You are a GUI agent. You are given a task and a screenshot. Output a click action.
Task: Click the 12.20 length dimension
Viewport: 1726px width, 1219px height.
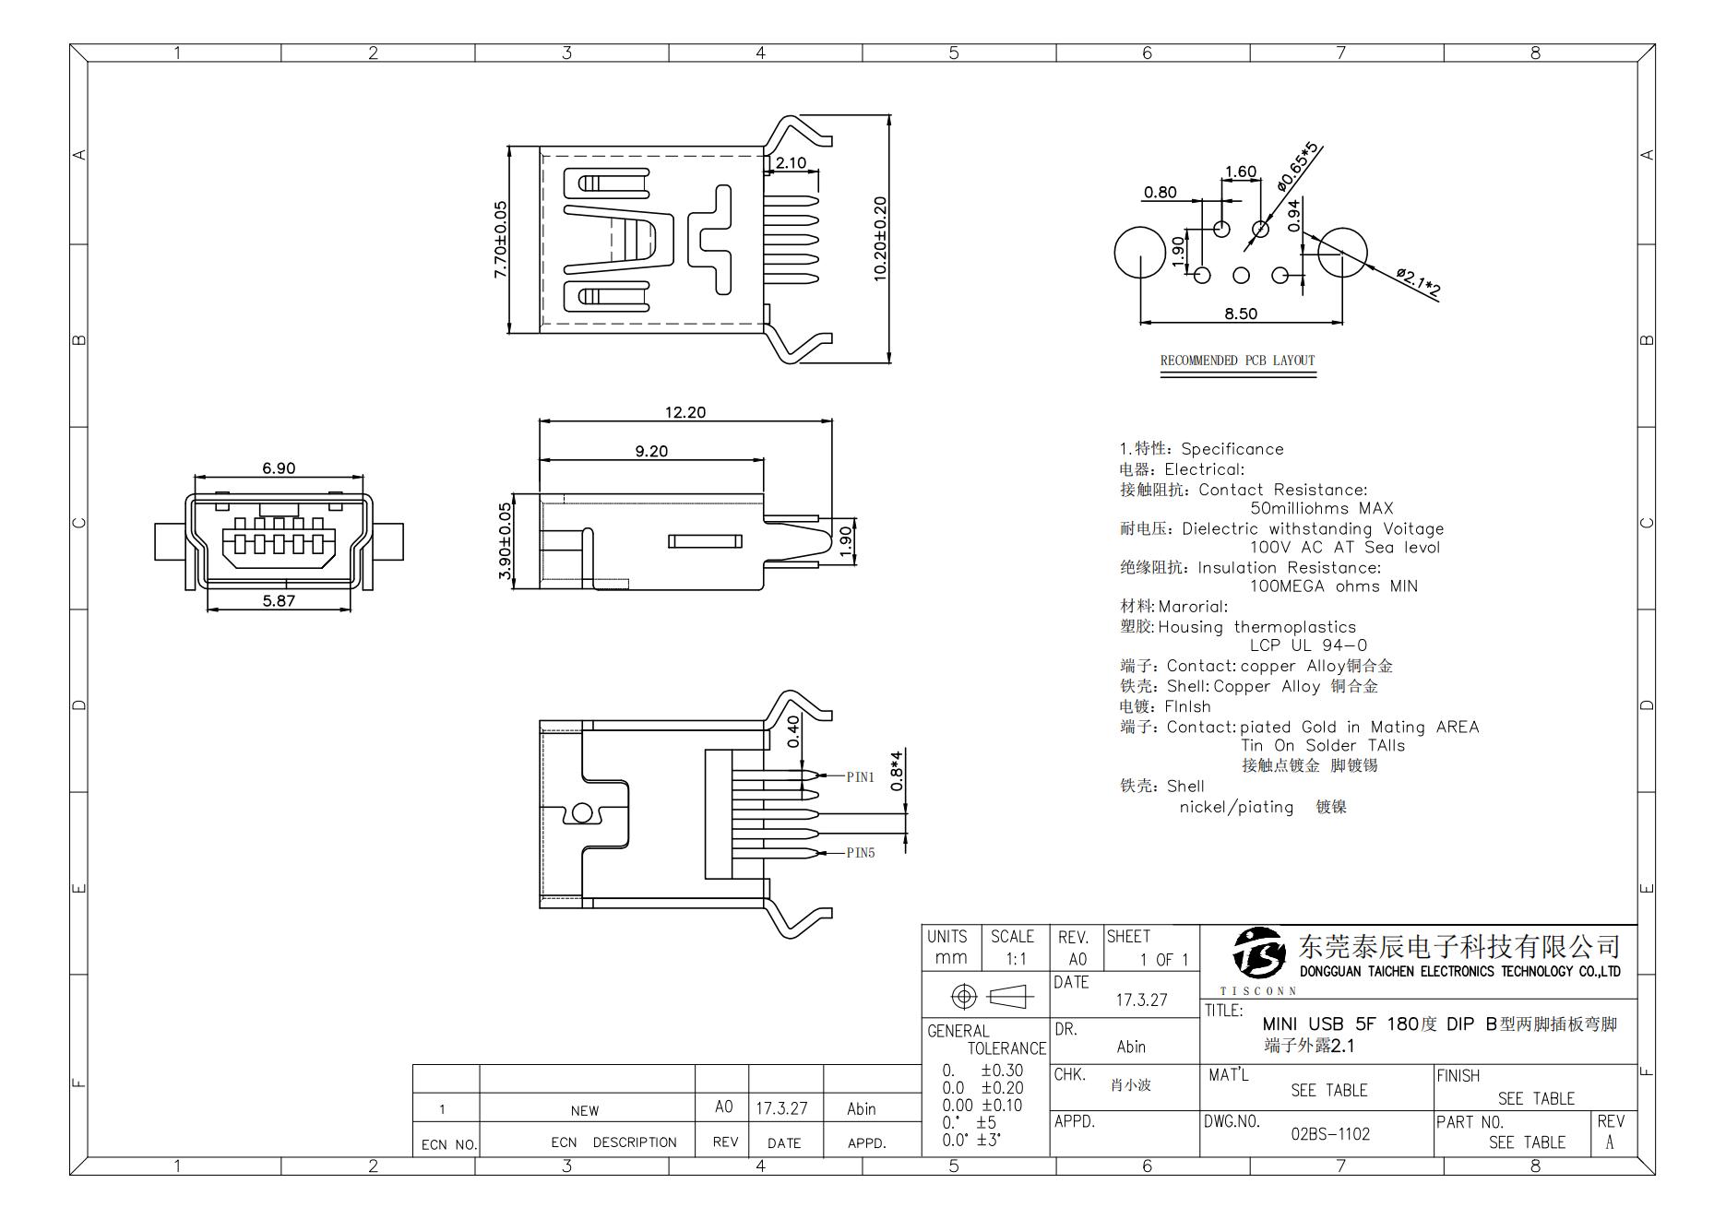[x=684, y=412]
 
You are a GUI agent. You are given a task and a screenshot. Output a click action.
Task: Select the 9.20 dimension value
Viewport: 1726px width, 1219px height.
[x=651, y=451]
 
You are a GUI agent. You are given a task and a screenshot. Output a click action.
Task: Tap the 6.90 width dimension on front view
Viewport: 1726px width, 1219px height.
[x=279, y=468]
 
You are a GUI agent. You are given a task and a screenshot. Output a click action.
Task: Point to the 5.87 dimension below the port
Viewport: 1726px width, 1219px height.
[x=279, y=600]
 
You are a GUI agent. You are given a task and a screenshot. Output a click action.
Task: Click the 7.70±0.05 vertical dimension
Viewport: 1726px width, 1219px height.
[x=500, y=240]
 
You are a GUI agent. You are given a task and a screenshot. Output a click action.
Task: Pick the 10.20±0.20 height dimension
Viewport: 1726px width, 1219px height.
[x=879, y=239]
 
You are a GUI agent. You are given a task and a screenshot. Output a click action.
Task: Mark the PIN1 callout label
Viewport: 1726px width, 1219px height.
[x=860, y=777]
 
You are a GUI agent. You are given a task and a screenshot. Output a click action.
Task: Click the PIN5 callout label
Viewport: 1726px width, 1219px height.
[x=860, y=853]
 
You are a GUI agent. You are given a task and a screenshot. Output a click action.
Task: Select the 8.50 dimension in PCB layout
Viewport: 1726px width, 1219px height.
[x=1240, y=314]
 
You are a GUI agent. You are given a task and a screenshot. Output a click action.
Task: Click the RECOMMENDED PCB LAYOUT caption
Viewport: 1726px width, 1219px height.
[x=1237, y=361]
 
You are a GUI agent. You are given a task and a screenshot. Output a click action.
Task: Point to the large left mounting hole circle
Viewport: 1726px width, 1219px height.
[x=1139, y=253]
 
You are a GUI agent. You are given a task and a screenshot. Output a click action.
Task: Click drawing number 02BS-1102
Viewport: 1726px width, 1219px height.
[x=1329, y=1134]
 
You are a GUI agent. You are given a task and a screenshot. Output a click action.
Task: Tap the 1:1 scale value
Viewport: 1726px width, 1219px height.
[x=1016, y=959]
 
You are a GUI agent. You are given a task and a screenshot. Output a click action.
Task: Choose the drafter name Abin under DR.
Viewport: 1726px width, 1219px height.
[x=1131, y=1047]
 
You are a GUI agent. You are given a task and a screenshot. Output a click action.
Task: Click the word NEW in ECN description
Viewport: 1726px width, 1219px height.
[x=584, y=1110]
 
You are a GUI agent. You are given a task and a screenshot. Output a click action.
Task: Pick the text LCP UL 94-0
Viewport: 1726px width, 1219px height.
[x=1308, y=645]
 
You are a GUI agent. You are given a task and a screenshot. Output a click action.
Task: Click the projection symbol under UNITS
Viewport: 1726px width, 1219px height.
[x=986, y=997]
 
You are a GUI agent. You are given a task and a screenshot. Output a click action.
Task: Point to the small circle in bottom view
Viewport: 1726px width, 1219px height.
[x=582, y=812]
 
